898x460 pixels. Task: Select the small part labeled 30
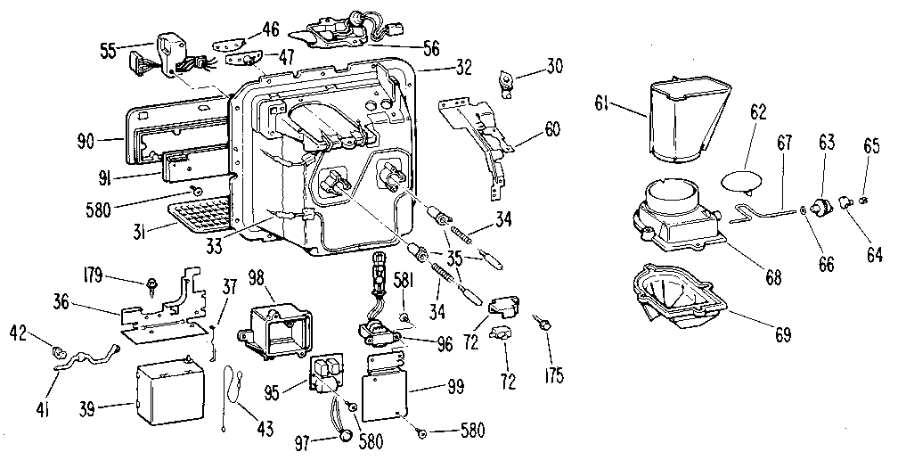click(510, 81)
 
